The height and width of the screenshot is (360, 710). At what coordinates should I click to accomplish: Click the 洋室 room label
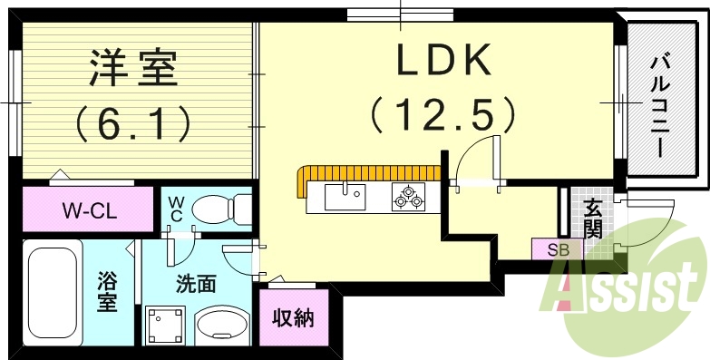click(x=133, y=68)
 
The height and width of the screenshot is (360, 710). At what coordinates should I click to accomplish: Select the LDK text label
click(x=443, y=62)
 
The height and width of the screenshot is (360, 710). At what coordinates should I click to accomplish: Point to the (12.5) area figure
click(x=443, y=115)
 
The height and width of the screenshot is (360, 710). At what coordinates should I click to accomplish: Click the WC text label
click(x=176, y=209)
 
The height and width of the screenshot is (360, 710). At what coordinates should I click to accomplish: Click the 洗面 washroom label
click(x=195, y=283)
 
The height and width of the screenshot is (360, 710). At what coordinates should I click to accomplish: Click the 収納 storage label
click(x=293, y=317)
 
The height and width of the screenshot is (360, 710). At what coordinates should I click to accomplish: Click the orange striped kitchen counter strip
click(x=363, y=174)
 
